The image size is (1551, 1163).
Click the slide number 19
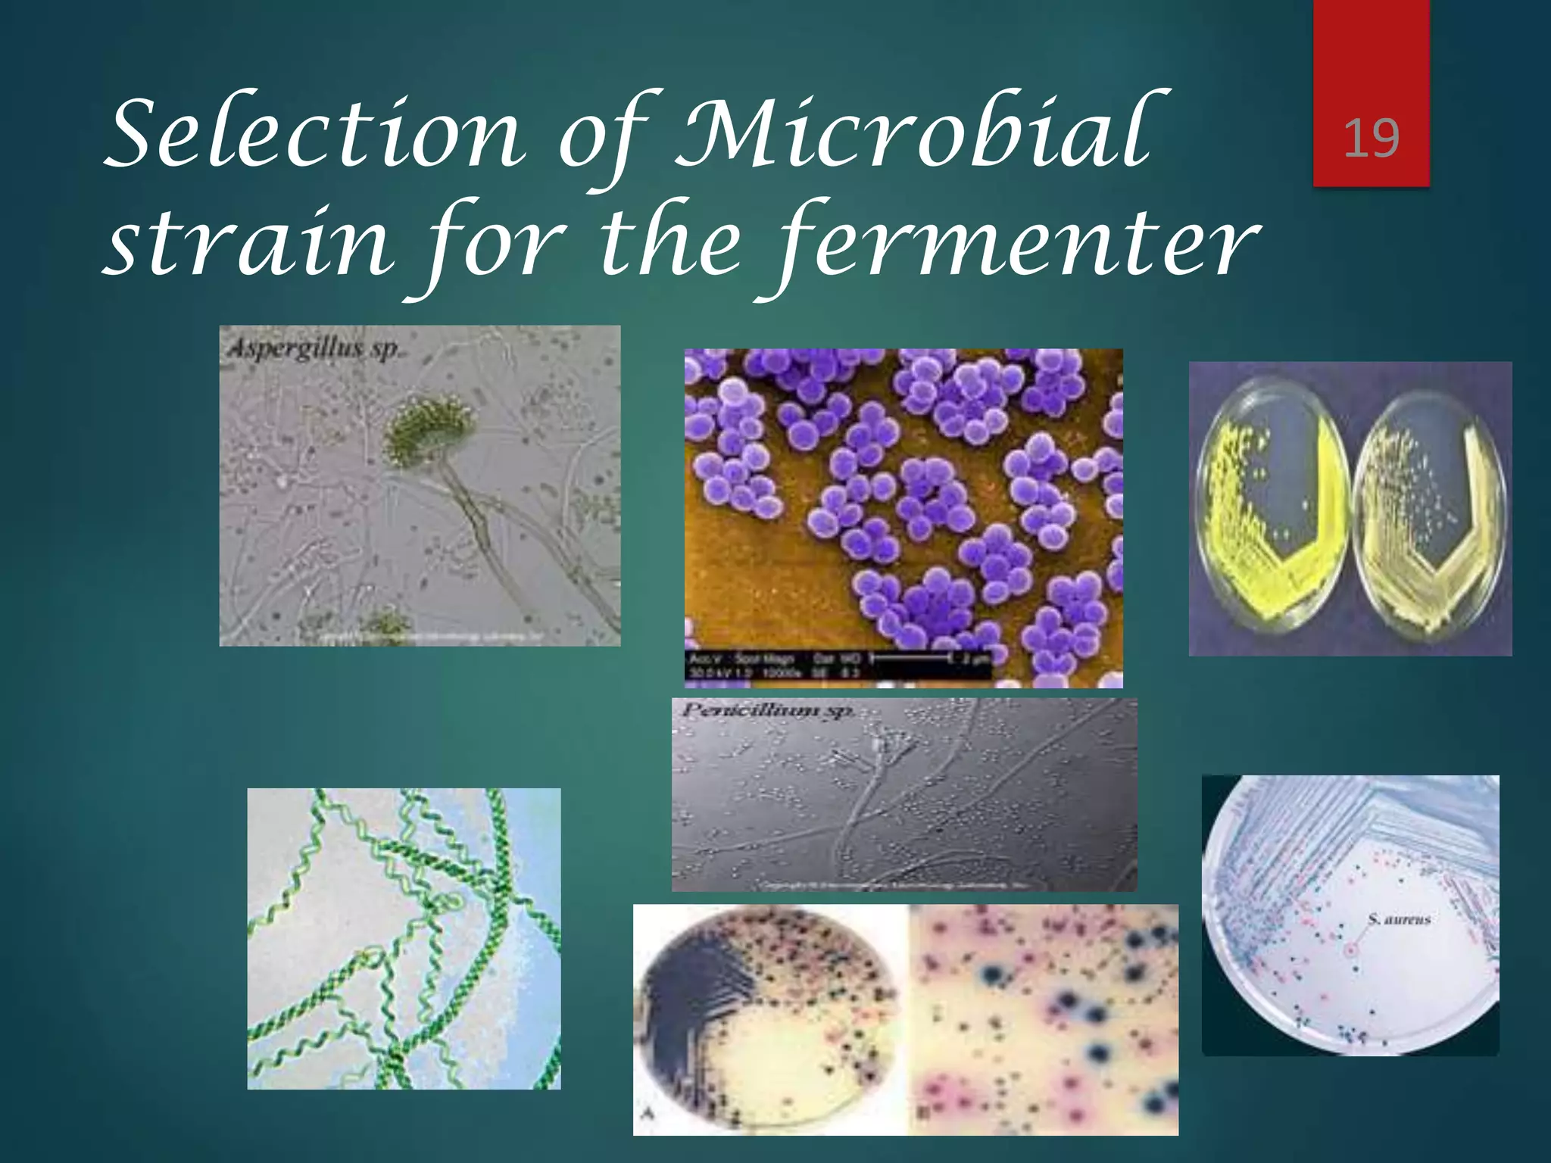[x=1371, y=139]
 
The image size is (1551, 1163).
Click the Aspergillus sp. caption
[x=313, y=349]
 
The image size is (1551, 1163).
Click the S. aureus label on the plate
[x=1400, y=919]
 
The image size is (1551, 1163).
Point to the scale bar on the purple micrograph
[x=909, y=659]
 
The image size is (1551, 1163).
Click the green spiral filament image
[x=404, y=939]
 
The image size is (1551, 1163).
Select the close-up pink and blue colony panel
[x=1044, y=1018]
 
